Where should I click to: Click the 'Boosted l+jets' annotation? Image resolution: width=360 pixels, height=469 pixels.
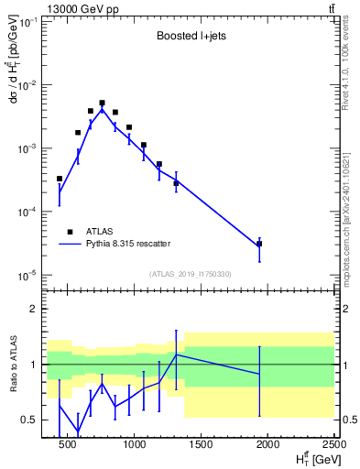click(190, 38)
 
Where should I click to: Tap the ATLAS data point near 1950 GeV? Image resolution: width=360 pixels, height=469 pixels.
click(259, 244)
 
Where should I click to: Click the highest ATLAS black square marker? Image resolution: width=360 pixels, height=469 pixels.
click(102, 104)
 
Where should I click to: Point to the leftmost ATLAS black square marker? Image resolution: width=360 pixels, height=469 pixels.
click(60, 179)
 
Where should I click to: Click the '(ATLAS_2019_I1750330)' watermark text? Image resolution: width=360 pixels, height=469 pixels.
click(191, 274)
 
